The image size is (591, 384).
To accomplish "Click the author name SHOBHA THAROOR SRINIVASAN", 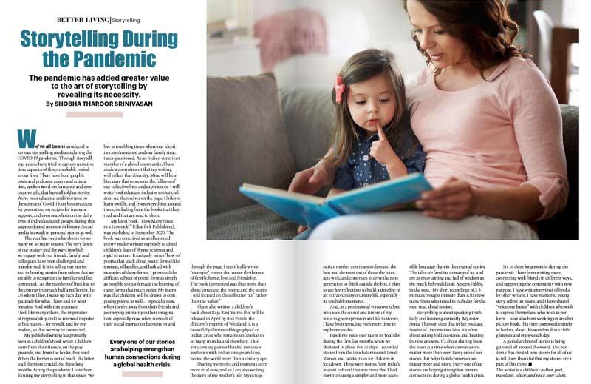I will (122, 104).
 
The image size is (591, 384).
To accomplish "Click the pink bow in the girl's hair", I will (339, 88).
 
